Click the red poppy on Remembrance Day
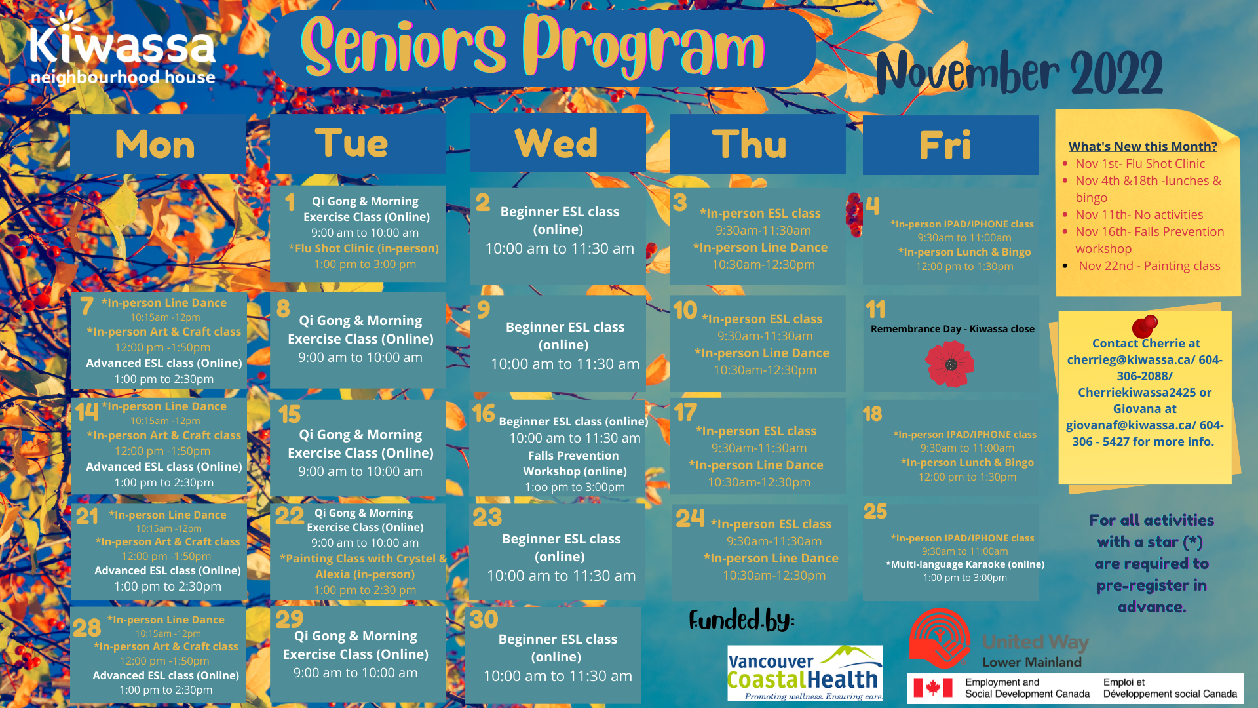pos(950,364)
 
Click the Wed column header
pos(556,144)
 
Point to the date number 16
pos(484,413)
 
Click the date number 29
pos(289,619)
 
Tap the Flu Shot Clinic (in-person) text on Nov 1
pos(364,248)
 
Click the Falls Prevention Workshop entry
pos(574,463)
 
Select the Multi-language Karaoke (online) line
pos(964,564)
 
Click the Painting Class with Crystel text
pos(364,559)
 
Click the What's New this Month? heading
pos(1143,147)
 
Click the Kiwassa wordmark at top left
pos(123,45)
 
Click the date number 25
pos(875,511)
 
